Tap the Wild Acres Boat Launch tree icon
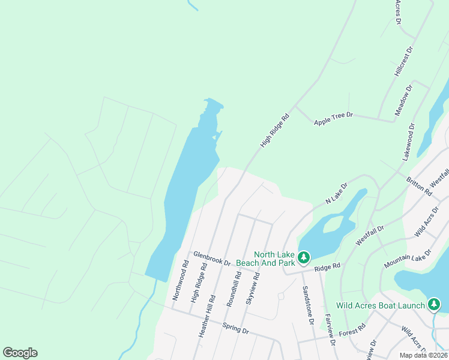coord(434,305)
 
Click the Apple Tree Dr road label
coord(333,118)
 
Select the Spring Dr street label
coord(235,328)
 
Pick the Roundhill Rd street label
coord(238,285)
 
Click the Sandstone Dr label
coord(308,305)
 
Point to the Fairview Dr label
coord(329,330)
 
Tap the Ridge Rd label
coord(327,266)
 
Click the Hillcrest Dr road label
coord(403,61)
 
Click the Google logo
coord(20,353)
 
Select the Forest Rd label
coord(352,331)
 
